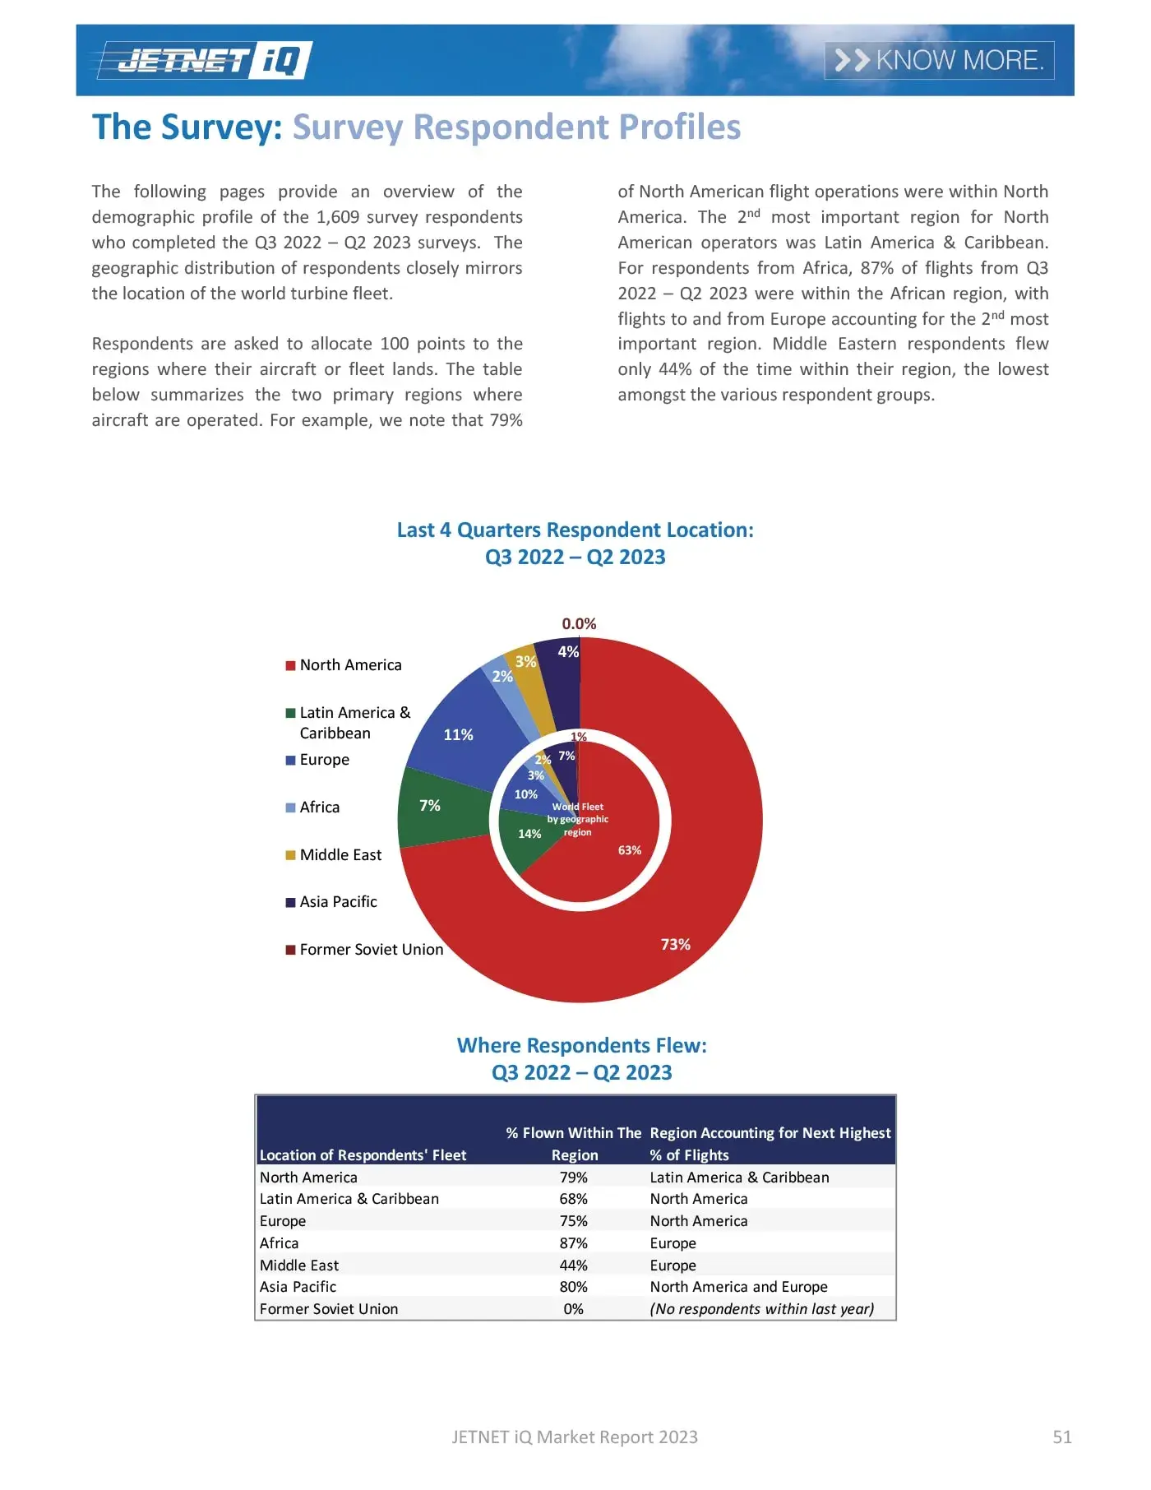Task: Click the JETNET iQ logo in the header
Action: click(204, 60)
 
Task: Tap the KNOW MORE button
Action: click(939, 60)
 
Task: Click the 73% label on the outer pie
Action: click(675, 944)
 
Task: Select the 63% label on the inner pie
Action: click(629, 850)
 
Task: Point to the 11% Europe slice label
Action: click(458, 734)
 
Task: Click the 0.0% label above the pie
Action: click(579, 623)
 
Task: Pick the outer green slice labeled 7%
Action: click(430, 806)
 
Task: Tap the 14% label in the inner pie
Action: click(529, 833)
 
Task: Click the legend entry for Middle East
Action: click(340, 854)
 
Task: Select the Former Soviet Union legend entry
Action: click(370, 949)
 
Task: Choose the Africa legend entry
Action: click(319, 807)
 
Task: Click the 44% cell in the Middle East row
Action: click(574, 1265)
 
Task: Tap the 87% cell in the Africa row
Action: click(574, 1242)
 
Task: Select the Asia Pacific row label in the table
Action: click(298, 1287)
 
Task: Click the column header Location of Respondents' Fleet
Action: click(363, 1155)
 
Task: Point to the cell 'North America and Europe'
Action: click(738, 1287)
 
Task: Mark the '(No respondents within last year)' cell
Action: click(761, 1308)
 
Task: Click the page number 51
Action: click(1061, 1437)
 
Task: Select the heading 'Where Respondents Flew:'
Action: click(581, 1045)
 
